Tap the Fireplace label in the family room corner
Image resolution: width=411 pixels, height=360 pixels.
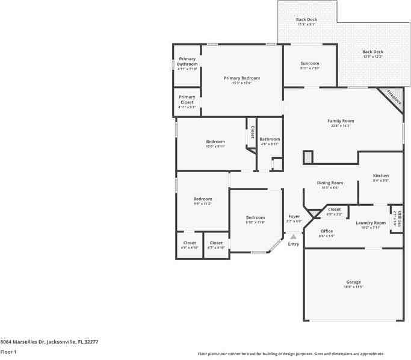[394, 97]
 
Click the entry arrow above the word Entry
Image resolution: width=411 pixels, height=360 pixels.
[294, 237]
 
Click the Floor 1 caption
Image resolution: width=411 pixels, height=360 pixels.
[8, 352]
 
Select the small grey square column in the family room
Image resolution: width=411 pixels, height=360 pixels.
[307, 157]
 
